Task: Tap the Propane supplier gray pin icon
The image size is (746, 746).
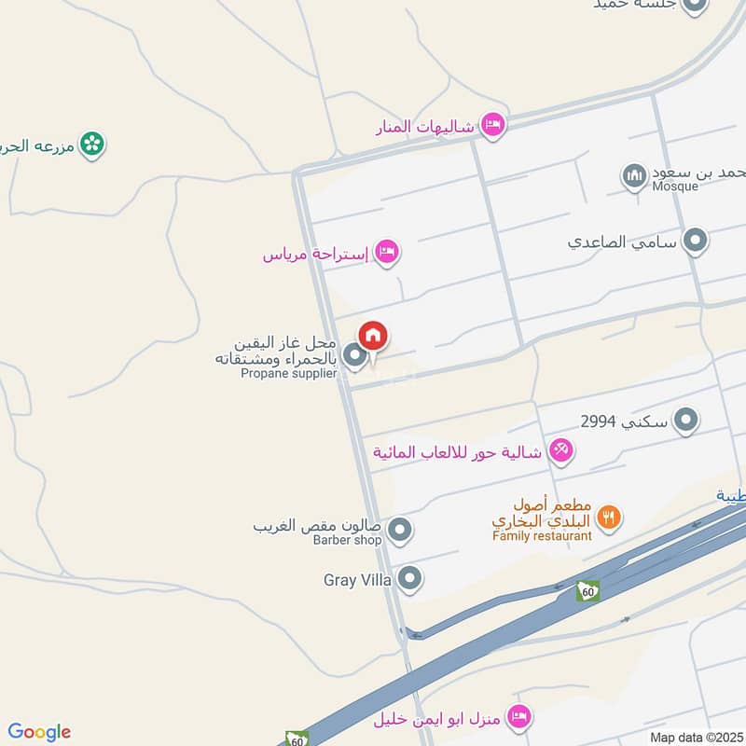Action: point(353,355)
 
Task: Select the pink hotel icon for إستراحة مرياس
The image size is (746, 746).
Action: point(386,251)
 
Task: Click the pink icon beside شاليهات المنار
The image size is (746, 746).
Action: point(491,124)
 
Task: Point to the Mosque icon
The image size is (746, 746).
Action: point(634,175)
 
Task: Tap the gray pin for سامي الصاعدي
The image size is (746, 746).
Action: point(695,242)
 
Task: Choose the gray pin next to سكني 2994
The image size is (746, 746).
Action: point(686,421)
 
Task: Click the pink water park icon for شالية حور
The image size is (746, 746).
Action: point(560,451)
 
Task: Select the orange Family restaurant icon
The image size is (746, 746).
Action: point(608,517)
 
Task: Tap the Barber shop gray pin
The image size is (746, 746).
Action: point(400,531)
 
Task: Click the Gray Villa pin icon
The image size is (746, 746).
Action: point(409,580)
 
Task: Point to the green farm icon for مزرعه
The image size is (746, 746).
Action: point(91,145)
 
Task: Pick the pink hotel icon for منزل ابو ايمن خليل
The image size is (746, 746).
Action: point(520,718)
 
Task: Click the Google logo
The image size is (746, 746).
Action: point(39,732)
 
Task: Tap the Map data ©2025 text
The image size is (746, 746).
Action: point(695,737)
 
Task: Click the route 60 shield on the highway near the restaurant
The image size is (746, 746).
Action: point(587,589)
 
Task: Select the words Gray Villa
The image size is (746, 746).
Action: point(357,580)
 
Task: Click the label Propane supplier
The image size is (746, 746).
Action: point(288,374)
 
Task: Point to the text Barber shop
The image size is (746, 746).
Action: point(348,540)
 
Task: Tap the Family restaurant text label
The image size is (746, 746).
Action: point(542,536)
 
